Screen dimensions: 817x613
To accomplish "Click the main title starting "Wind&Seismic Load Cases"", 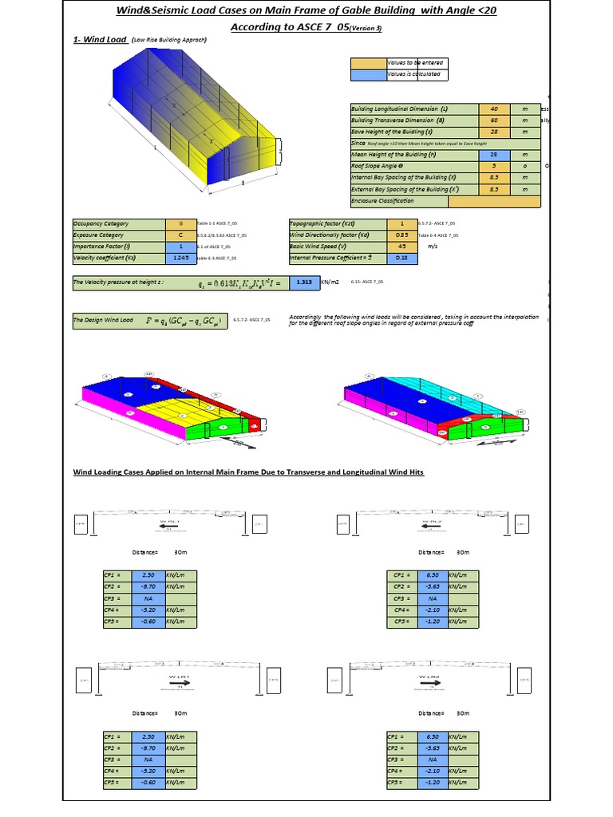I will point(306,10).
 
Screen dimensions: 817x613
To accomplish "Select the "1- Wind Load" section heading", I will point(101,39).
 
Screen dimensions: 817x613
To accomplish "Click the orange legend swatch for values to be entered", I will point(367,62).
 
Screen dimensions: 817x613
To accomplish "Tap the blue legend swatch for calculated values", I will point(367,75).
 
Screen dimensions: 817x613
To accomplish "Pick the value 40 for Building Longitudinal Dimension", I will point(494,109).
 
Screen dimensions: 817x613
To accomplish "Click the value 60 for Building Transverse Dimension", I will point(494,120).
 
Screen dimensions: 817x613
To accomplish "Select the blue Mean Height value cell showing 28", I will point(494,154).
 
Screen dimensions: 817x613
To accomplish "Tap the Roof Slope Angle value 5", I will point(494,166).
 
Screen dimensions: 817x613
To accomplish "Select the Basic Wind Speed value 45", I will point(401,247).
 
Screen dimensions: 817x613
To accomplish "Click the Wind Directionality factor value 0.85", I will point(401,235).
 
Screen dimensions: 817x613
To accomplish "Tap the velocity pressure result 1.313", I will point(303,282).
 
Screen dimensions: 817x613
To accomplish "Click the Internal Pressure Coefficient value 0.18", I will point(401,258).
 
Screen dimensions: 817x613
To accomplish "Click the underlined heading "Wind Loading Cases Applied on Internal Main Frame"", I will point(248,472).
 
